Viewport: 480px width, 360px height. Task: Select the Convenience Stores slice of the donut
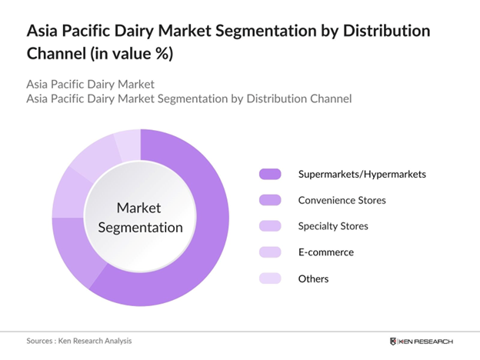click(74, 250)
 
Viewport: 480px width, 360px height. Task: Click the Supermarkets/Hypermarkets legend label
click(362, 174)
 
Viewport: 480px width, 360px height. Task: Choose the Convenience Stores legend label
click(342, 200)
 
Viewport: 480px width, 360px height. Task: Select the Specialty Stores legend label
click(333, 226)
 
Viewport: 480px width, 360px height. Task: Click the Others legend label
click(313, 278)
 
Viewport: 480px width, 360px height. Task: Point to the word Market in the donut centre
click(139, 208)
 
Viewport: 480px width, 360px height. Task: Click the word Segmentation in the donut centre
click(139, 228)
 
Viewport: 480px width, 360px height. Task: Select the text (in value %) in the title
click(126, 55)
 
